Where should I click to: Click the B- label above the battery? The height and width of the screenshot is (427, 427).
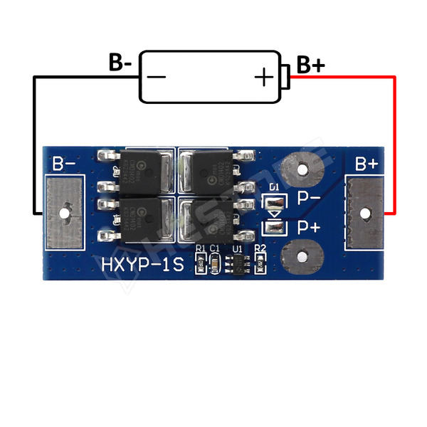[120, 63]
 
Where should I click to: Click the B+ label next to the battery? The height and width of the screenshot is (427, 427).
[310, 65]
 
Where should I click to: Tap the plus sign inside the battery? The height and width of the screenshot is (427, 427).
[263, 76]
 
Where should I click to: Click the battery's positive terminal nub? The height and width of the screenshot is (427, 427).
[286, 76]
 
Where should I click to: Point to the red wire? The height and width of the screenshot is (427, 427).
[394, 142]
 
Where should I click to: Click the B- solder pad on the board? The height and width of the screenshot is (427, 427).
[66, 212]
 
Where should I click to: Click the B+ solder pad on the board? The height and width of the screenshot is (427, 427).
[366, 212]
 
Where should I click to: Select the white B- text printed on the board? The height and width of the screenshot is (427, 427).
[64, 164]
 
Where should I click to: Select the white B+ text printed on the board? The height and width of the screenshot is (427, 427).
[367, 164]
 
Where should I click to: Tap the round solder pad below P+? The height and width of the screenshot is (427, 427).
[300, 256]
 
